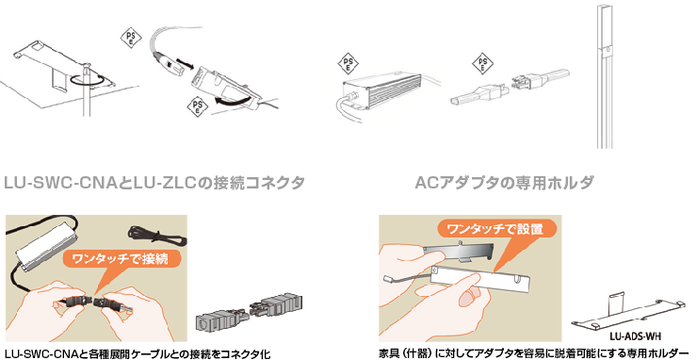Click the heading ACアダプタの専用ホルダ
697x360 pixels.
tap(504, 183)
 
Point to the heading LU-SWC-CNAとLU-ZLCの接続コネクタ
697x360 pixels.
tap(154, 183)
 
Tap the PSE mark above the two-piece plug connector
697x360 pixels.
tap(482, 64)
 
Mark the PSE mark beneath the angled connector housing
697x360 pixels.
tap(197, 106)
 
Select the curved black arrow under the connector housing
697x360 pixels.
tap(230, 100)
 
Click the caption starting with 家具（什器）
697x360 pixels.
tap(531, 352)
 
